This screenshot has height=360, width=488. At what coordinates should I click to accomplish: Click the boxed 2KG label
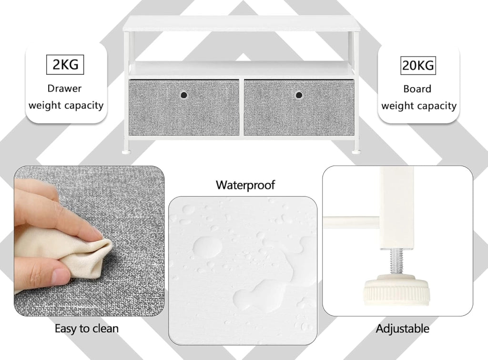tap(65, 65)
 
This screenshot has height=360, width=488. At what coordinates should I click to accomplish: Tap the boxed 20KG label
tap(417, 66)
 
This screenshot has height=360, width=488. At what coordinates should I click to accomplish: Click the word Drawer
tap(64, 89)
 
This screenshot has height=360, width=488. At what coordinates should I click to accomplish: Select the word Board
tap(417, 89)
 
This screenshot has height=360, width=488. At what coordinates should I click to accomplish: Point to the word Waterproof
tap(245, 185)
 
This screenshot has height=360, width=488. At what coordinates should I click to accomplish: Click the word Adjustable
tap(402, 329)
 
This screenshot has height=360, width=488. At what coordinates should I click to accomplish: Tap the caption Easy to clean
tap(87, 329)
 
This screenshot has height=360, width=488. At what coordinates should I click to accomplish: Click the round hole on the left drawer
tap(184, 95)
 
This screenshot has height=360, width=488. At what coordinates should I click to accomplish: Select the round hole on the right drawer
tap(299, 95)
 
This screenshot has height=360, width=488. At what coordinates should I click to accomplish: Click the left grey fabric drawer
tap(184, 107)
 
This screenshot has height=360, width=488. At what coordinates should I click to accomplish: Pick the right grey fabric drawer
tap(299, 107)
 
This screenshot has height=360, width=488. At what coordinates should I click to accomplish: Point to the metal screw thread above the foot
tap(397, 262)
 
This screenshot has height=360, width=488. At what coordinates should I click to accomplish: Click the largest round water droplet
tap(208, 247)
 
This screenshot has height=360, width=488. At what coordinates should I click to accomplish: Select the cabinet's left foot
tap(127, 152)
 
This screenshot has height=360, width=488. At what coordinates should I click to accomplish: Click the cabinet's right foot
tap(356, 152)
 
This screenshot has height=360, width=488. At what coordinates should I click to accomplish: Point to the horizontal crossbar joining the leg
tap(351, 221)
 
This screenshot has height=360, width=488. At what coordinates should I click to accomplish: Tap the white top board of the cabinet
tap(242, 24)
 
